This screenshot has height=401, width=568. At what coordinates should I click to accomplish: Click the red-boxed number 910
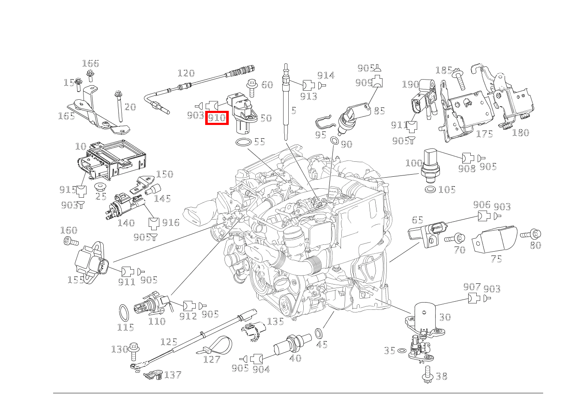tap(217, 118)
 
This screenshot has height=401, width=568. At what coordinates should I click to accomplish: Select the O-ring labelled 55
tap(244, 142)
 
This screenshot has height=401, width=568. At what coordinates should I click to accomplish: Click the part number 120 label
tap(185, 73)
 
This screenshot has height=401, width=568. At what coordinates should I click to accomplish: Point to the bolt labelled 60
tap(251, 87)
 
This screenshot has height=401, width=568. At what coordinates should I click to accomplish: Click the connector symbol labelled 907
tap(473, 298)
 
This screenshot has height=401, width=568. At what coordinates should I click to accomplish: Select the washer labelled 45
tap(319, 333)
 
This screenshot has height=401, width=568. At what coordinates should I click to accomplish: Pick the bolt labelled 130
tap(133, 350)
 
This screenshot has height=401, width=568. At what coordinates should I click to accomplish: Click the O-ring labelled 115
tap(124, 313)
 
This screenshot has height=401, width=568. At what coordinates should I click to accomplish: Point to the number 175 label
tap(484, 134)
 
